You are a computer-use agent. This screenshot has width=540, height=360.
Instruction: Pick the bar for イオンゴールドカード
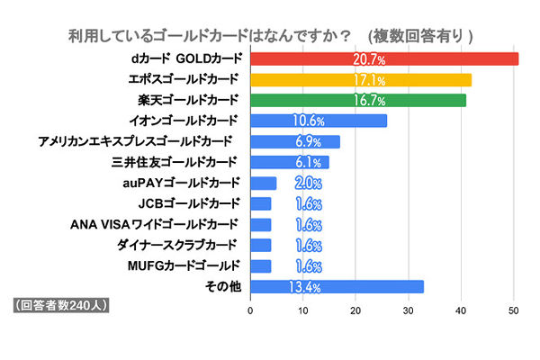coord(318,121)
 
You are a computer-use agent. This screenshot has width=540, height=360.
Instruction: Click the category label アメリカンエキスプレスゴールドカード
coord(136,141)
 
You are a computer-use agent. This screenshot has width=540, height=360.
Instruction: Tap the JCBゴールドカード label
coord(189,203)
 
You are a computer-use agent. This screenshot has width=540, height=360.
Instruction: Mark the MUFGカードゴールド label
coord(184,265)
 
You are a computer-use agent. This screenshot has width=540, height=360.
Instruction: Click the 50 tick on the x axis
coord(514,310)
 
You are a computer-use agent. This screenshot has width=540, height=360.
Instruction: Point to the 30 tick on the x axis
coord(409,310)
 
